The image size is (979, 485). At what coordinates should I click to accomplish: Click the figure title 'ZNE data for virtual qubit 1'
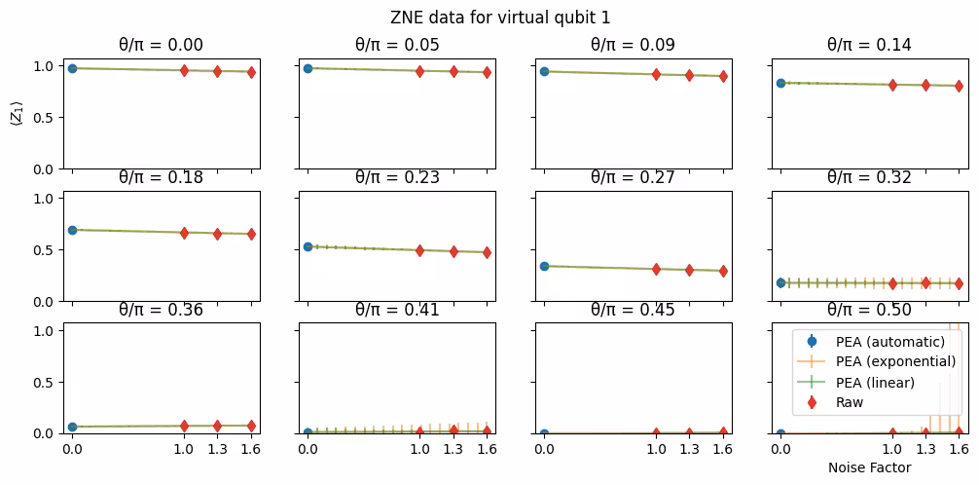489,17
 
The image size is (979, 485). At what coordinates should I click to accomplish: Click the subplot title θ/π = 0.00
163,45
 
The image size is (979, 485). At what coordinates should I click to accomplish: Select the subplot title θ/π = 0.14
869,45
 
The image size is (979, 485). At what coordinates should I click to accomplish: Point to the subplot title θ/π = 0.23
398,177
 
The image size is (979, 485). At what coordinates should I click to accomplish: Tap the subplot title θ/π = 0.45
634,310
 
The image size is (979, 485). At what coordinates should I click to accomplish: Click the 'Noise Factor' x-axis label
869,467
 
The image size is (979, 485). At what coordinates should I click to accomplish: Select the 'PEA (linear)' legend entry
875,382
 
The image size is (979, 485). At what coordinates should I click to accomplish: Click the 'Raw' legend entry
850,402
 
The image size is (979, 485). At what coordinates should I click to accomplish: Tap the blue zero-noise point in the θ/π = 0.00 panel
72,68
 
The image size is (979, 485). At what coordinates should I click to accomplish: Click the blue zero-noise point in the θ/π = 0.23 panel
308,246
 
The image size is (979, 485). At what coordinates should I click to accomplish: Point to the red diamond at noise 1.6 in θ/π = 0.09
723,76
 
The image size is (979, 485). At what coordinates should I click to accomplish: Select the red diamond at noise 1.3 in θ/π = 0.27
689,270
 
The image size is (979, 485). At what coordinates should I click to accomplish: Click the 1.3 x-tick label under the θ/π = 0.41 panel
453,450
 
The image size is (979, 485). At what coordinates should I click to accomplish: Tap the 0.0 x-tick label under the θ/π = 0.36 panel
72,450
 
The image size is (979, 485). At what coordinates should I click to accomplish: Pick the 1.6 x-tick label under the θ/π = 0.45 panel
723,450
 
